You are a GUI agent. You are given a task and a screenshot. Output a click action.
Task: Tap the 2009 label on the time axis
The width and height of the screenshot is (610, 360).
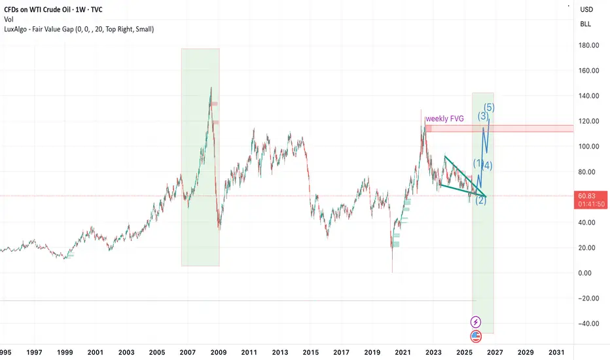tap(218, 352)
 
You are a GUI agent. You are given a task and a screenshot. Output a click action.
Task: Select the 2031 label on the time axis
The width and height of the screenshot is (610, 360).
tap(556, 352)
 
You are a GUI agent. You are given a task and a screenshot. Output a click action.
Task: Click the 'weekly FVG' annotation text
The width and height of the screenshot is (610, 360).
tap(449, 119)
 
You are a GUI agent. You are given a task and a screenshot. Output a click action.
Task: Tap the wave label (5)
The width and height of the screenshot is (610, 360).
tap(489, 107)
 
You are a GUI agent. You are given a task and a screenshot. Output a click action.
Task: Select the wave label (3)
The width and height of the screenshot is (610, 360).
tap(483, 117)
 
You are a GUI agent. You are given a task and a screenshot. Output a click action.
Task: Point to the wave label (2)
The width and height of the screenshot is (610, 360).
tap(480, 200)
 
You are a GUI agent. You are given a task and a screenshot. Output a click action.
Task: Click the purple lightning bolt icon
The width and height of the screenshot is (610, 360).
tap(476, 322)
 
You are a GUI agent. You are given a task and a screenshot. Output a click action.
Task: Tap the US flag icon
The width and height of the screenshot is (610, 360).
tap(476, 336)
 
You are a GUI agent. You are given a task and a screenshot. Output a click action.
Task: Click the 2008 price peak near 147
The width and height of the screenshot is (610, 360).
tap(211, 88)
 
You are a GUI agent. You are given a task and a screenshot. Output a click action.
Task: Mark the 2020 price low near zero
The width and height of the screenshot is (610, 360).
tap(392, 272)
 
